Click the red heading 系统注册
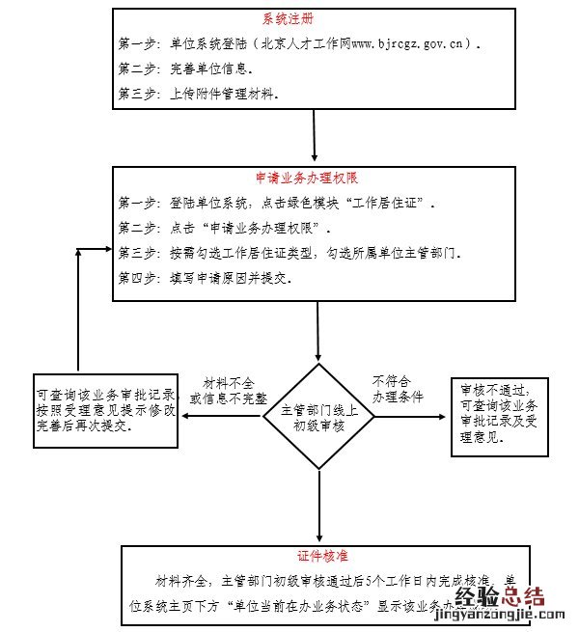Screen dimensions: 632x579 [x=287, y=19]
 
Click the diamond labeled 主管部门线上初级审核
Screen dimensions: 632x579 [x=318, y=417]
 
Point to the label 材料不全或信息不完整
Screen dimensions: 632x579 [x=229, y=391]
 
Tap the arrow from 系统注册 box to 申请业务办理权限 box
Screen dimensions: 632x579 [x=316, y=135]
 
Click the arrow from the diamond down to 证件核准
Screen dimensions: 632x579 [x=318, y=509]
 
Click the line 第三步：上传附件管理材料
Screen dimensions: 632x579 [x=199, y=95]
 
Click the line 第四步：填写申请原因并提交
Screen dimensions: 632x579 [x=205, y=278]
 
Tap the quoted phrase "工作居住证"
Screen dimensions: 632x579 [x=387, y=204]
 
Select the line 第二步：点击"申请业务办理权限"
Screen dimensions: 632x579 [x=224, y=229]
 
